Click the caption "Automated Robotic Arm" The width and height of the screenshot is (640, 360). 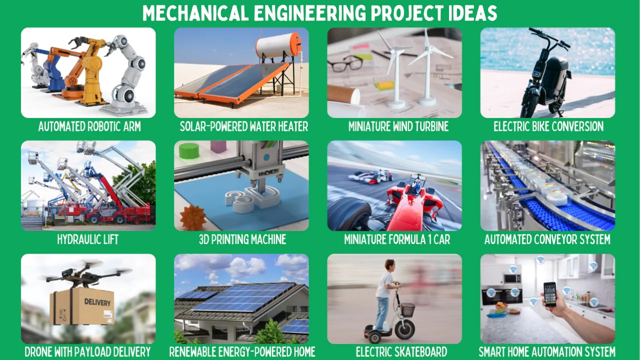coord(89,126)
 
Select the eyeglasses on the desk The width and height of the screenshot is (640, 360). coord(345,63)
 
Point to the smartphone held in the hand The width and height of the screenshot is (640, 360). coord(550,294)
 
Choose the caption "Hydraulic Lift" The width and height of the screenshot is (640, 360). coord(87,239)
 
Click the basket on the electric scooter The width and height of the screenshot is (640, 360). coord(407,309)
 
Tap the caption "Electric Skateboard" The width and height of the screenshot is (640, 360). coord(401,351)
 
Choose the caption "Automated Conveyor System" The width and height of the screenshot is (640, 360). coord(547,239)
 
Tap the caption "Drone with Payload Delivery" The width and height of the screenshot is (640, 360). coord(87,351)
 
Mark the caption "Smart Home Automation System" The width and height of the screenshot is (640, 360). coord(547,351)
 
